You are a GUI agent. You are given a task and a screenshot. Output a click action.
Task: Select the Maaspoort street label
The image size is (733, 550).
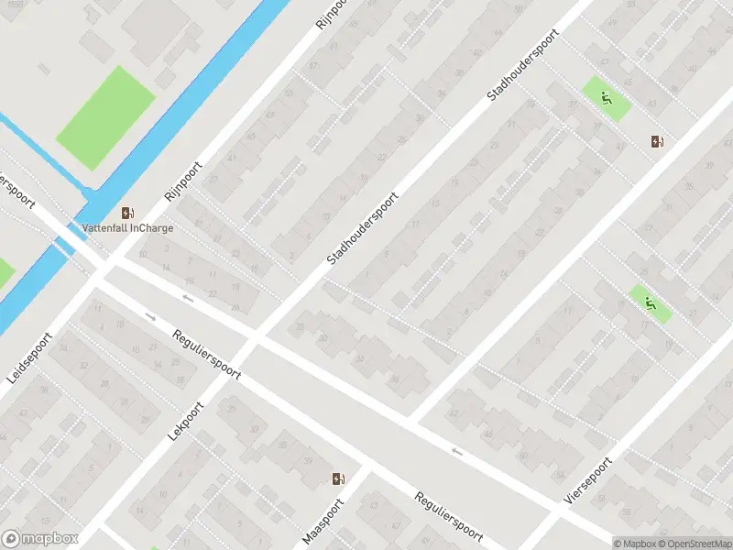pos(323,522)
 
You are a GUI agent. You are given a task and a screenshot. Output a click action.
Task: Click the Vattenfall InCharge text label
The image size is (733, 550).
pos(126,227)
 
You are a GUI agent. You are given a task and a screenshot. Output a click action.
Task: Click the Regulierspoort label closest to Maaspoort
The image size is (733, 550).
pos(448,515)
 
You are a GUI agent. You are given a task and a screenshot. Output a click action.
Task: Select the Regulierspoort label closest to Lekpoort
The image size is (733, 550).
pos(206,350)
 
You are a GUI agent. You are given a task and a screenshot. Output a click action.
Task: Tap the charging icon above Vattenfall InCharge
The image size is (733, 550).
pos(126,212)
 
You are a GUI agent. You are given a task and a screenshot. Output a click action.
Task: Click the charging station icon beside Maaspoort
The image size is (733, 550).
pos(338,478)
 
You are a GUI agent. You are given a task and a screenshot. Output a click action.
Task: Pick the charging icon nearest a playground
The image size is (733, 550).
pos(656,140)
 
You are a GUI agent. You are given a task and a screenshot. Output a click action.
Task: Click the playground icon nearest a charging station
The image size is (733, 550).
pos(606,96)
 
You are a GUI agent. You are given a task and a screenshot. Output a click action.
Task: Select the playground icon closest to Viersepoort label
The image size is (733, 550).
pos(651,303)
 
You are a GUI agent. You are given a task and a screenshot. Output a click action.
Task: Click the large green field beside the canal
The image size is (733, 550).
pos(105,117)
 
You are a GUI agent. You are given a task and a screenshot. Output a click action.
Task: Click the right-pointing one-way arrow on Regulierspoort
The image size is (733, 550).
pos(152,318)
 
